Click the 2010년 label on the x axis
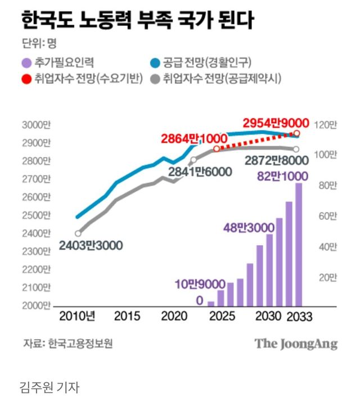click(x=77, y=317)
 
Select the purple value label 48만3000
click(x=249, y=227)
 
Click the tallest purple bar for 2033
click(x=298, y=245)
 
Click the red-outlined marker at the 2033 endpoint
click(x=296, y=134)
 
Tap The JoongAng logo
click(x=296, y=344)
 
